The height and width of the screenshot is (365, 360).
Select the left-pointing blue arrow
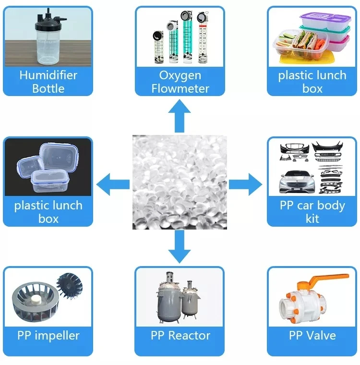point(113,183)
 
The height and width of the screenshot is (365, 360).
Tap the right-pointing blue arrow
point(245,183)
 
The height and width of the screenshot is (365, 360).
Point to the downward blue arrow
point(180,246)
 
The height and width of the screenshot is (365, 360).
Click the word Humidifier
point(48,75)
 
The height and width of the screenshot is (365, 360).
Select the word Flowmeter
point(180,88)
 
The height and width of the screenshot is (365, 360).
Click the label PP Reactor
point(180,335)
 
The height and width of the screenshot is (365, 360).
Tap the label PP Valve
point(312,335)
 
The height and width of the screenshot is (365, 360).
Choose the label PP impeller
point(48,335)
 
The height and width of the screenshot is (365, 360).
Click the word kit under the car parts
point(312,219)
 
